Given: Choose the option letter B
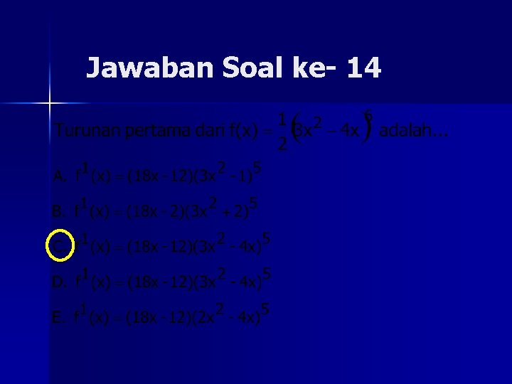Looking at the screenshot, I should tap(59, 211).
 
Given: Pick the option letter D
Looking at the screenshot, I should tap(60, 282).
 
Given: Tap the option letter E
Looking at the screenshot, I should tap(59, 317).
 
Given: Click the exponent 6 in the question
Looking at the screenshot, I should tap(368, 114).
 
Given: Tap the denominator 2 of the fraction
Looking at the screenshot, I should tap(282, 144).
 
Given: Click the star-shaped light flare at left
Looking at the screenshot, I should tap(50, 104).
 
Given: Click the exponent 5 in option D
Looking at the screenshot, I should tap(267, 272).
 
